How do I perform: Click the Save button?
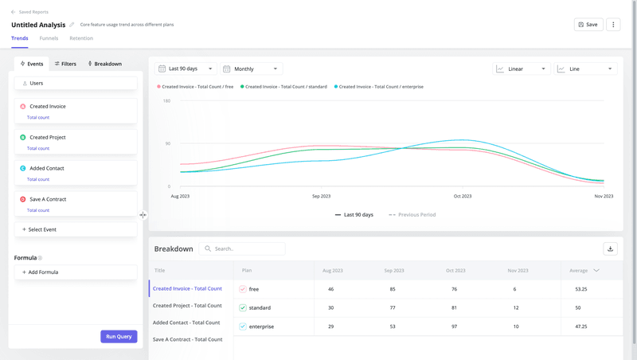[x=588, y=25]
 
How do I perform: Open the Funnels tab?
[x=49, y=38]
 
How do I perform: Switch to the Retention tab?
[x=81, y=38]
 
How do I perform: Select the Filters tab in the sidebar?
[x=65, y=64]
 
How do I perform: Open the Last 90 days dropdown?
[x=186, y=69]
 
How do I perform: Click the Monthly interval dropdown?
[x=251, y=69]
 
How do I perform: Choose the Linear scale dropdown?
[x=521, y=69]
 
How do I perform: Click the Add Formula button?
[x=76, y=272]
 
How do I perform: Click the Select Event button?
[x=76, y=229]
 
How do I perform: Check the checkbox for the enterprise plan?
[x=243, y=327]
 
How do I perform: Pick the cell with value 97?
[x=454, y=327]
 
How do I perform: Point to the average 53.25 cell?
[x=581, y=289]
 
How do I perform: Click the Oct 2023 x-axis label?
[x=463, y=196]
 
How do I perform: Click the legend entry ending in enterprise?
[x=379, y=87]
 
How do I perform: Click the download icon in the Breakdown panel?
[x=610, y=248]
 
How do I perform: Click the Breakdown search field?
[x=243, y=248]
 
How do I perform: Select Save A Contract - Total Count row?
[x=188, y=339]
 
